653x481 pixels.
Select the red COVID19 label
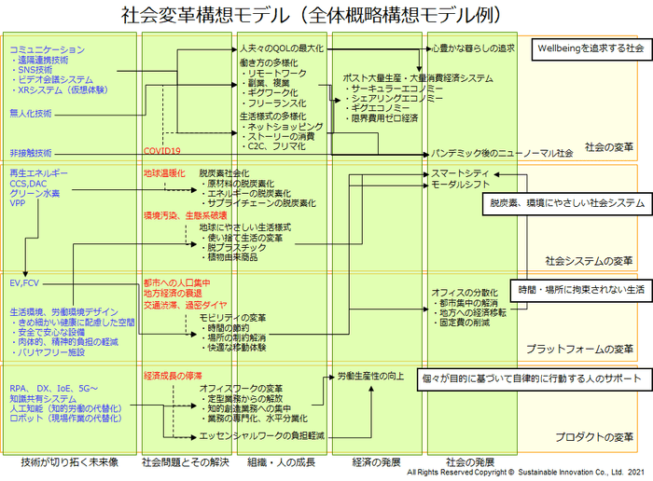point(161,151)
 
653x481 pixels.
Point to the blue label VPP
point(18,202)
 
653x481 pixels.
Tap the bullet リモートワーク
point(276,72)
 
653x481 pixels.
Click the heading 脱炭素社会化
point(224,173)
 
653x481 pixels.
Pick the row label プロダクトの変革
point(594,437)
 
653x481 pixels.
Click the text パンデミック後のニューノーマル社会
point(501,153)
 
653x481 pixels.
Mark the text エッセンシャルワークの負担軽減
point(261,435)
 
